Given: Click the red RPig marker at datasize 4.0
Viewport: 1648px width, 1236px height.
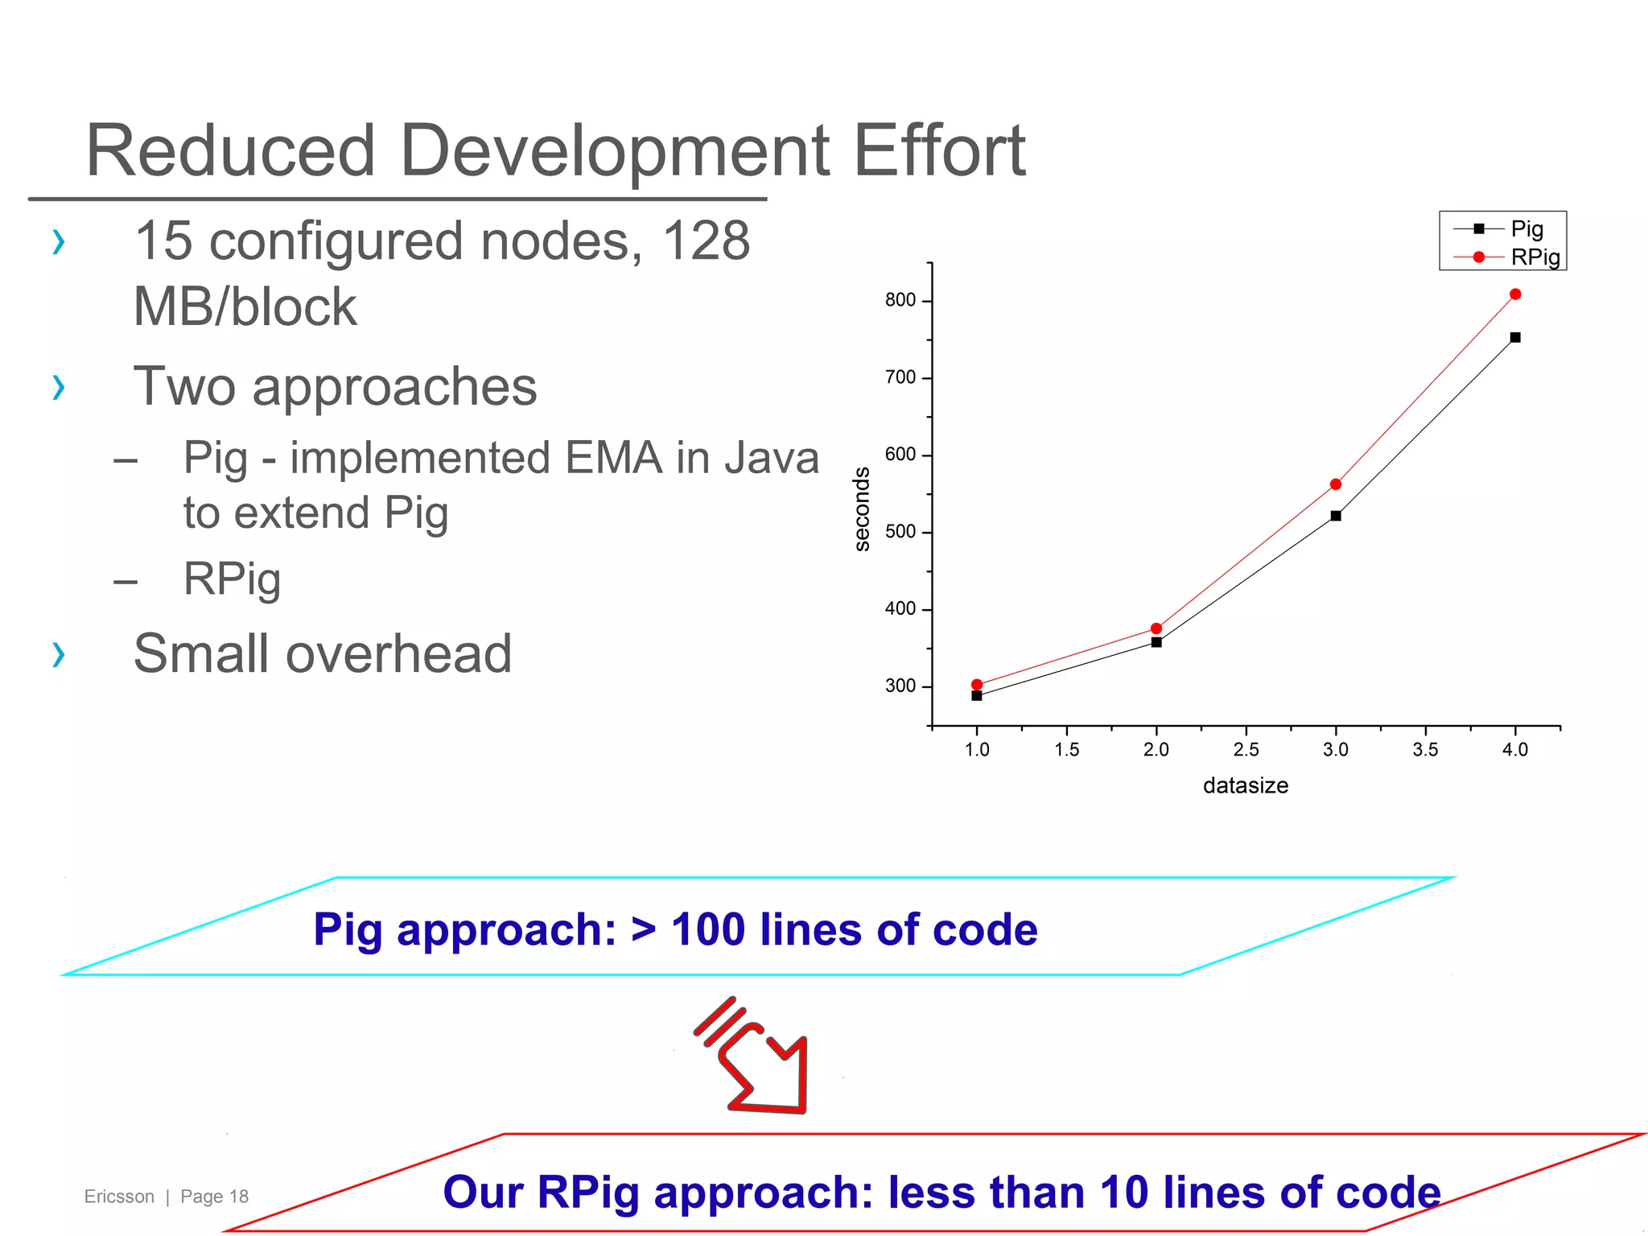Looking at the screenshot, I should [x=1515, y=295].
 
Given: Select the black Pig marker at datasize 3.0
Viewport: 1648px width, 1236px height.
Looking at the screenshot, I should [x=1336, y=516].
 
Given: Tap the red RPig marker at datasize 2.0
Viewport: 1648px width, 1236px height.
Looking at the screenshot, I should [x=1156, y=628].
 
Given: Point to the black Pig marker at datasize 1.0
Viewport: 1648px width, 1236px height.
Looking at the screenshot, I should [x=977, y=696].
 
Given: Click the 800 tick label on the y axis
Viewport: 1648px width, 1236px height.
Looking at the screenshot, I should [x=900, y=300].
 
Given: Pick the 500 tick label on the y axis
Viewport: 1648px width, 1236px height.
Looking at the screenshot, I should [x=900, y=532].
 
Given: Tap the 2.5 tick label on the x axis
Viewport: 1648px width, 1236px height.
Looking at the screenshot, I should [x=1246, y=750].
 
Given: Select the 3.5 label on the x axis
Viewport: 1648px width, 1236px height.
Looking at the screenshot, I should [x=1425, y=750].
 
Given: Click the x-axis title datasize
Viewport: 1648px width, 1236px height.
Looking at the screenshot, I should [x=1246, y=786].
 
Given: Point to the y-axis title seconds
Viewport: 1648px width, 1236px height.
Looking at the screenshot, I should [x=862, y=509].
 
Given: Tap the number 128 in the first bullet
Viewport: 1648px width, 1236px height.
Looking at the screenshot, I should [x=706, y=241].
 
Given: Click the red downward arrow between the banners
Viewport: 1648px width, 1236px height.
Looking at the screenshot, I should [x=756, y=1058].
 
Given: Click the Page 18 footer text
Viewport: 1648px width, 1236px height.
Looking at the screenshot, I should [x=214, y=1197].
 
